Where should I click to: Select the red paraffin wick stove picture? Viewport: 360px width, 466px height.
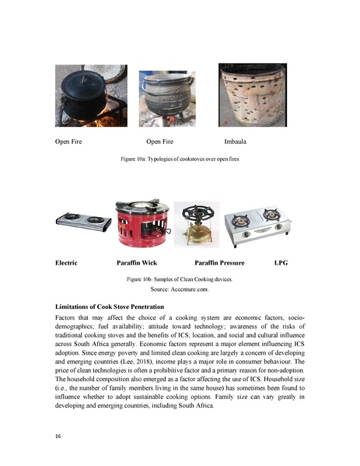(142, 223)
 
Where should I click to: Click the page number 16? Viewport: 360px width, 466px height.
(58, 436)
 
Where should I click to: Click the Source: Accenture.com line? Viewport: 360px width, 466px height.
(180, 289)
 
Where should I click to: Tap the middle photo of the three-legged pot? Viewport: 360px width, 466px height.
(166, 99)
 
